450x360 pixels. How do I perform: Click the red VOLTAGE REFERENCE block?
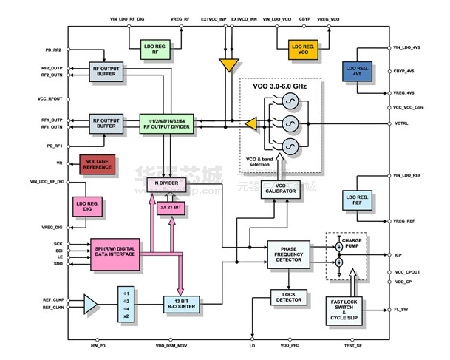[x=97, y=165]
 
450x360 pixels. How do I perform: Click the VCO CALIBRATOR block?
[x=281, y=189]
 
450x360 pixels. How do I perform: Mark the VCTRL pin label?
[x=402, y=122]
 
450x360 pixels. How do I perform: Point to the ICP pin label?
[x=399, y=255]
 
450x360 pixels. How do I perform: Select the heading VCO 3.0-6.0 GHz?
[x=280, y=86]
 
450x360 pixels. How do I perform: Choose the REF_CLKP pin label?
[x=52, y=299]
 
